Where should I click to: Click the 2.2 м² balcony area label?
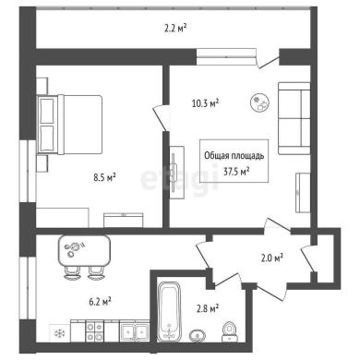(x=175, y=29)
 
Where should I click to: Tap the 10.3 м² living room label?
(x=205, y=103)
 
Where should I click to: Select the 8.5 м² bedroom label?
(x=104, y=177)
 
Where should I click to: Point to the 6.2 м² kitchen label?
(x=100, y=302)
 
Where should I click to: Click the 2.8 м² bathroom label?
(x=208, y=308)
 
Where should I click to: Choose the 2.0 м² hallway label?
(x=272, y=258)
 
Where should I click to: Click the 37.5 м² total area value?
(x=236, y=172)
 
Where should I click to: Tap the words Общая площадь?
(x=234, y=156)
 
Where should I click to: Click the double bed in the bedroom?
(x=69, y=125)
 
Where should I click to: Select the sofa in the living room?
(x=294, y=118)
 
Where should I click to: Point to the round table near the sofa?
(x=260, y=103)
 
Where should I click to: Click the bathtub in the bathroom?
(x=169, y=311)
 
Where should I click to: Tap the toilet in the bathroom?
(x=229, y=331)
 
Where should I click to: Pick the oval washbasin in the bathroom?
(x=197, y=335)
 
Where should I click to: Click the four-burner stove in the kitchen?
(x=95, y=330)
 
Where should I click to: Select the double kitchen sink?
(x=134, y=331)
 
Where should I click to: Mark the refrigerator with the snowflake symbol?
(x=60, y=332)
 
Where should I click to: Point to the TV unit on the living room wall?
(x=177, y=173)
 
